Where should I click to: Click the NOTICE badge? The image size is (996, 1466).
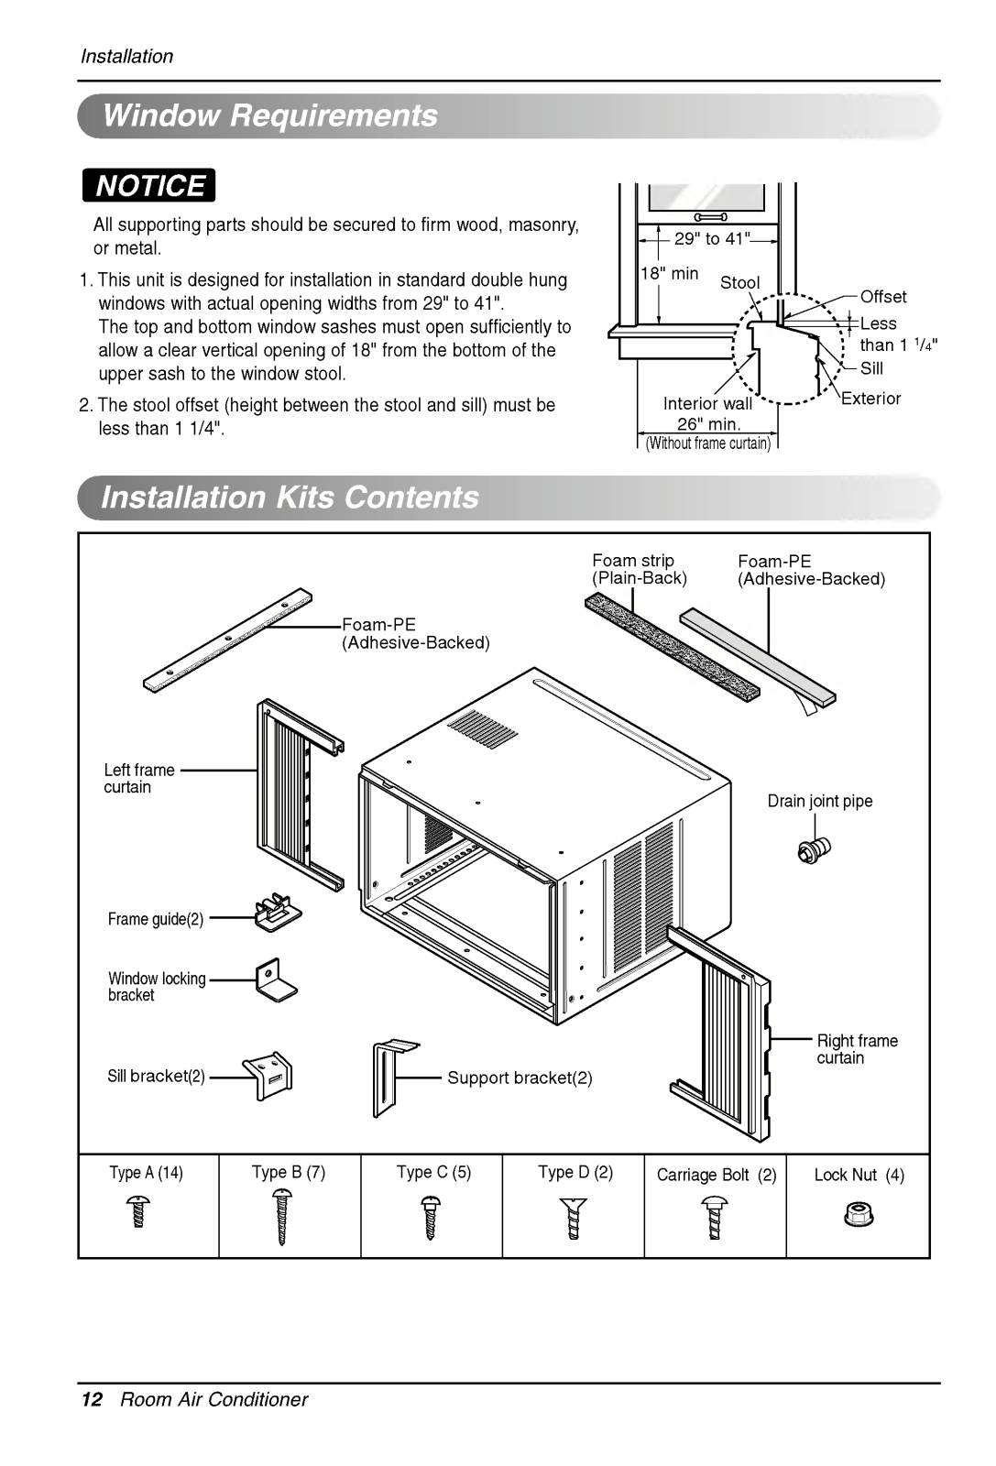point(148,185)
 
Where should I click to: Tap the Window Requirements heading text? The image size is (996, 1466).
point(270,115)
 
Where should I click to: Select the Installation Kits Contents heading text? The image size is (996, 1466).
point(290,497)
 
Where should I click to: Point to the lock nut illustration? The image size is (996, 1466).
point(859,1215)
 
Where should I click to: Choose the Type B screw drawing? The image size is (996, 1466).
point(282,1217)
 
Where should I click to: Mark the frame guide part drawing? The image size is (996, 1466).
point(277,913)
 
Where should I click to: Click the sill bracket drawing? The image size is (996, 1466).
point(268,1076)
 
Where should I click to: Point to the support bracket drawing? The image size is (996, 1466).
point(391,1077)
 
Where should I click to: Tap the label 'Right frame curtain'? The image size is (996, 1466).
point(856,1049)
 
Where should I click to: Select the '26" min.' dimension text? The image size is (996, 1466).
point(708,424)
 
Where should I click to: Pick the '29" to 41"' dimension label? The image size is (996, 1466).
point(712,238)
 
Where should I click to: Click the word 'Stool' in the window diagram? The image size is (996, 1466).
point(739,282)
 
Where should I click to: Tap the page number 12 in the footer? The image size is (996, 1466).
point(92,1399)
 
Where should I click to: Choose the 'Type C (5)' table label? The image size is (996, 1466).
point(433,1172)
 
